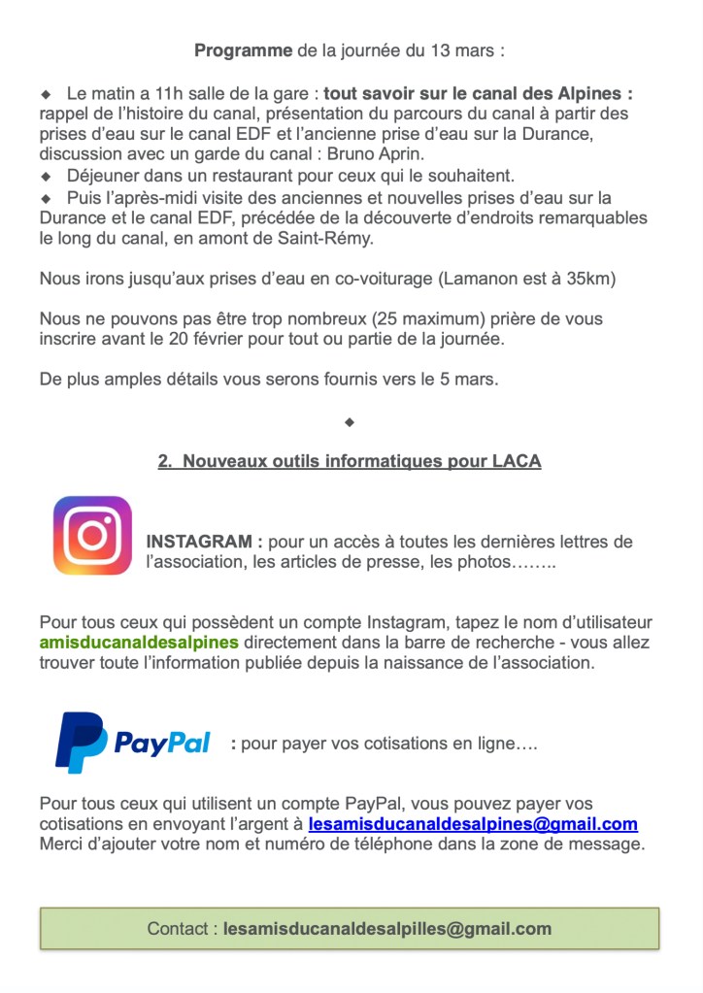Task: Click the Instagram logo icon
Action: pos(92,536)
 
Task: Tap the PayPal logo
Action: pos(133,743)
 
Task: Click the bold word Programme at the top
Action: pos(243,50)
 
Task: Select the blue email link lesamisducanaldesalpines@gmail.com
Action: pos(473,824)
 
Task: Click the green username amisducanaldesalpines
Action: pos(139,643)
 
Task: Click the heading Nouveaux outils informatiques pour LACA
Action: pos(350,462)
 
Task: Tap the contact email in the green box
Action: pos(387,928)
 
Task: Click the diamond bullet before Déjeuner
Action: pos(45,177)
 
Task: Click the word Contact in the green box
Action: pos(182,928)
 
